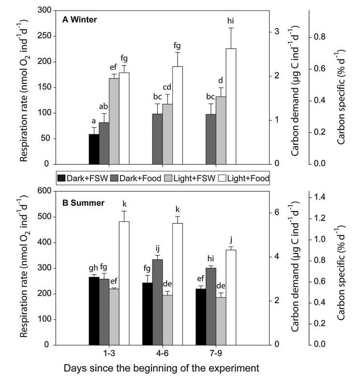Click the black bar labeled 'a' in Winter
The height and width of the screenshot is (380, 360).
click(x=94, y=149)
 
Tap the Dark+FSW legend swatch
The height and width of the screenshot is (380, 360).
click(x=61, y=178)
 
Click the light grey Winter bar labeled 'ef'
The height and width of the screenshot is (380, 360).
click(x=114, y=121)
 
